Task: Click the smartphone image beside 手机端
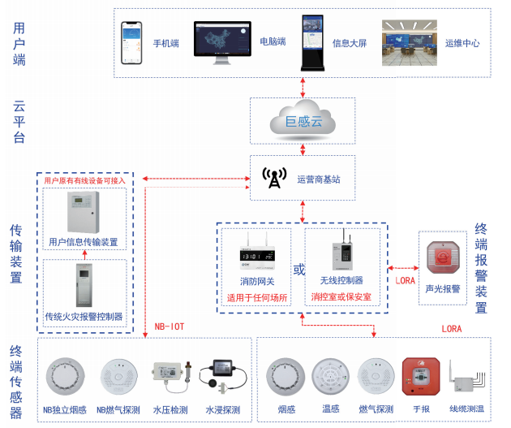tap(132, 42)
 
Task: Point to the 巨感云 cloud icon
tap(303, 120)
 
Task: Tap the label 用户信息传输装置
tap(84, 241)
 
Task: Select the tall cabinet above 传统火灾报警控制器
tap(83, 286)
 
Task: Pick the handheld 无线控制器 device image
tap(341, 254)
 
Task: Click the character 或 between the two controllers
tap(298, 270)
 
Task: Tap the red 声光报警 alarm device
tap(442, 259)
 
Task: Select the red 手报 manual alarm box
tap(420, 375)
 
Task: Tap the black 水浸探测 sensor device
tap(221, 375)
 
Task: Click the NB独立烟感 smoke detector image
tap(67, 374)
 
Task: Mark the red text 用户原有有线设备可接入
tap(84, 180)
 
